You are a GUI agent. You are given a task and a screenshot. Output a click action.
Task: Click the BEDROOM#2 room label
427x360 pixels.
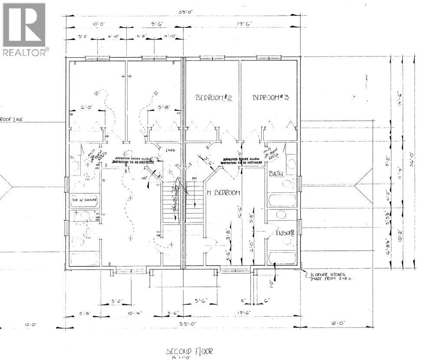tap(214, 98)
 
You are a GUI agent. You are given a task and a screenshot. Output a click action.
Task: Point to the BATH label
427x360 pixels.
tap(276, 174)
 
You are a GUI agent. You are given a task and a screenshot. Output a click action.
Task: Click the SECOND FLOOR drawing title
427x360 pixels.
tap(189, 350)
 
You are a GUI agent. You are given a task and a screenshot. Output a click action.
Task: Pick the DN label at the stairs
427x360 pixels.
tap(194, 178)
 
